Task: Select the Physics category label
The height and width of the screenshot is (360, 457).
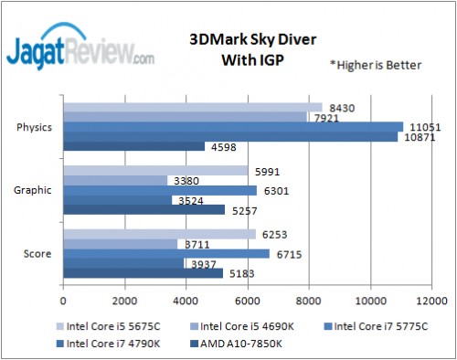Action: tap(35, 126)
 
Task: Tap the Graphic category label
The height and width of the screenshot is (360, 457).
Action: tap(35, 189)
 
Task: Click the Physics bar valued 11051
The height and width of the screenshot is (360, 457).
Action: tap(233, 126)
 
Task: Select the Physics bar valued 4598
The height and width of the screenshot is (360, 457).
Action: tap(133, 146)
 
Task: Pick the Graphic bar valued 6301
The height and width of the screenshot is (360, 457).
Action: tap(160, 190)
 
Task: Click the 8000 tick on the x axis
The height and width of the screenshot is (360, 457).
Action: tap(309, 299)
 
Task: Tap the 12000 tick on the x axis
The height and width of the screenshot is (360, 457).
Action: tap(431, 299)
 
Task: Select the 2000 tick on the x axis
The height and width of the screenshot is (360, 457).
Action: tap(124, 299)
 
